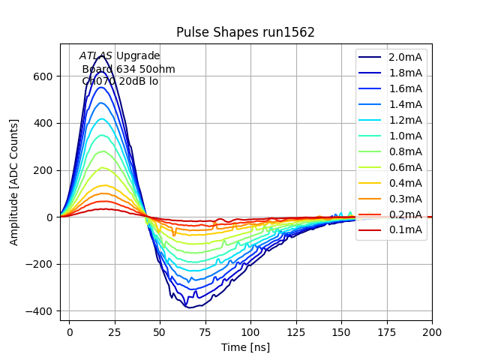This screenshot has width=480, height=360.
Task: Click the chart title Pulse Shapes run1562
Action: pyautogui.click(x=245, y=32)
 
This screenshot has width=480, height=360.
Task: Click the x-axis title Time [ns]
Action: pyautogui.click(x=245, y=347)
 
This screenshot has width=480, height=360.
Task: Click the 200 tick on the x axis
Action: pyautogui.click(x=432, y=331)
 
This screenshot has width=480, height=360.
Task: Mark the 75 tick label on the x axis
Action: pyautogui.click(x=205, y=331)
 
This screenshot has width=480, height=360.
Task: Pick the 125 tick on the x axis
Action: pyautogui.click(x=295, y=331)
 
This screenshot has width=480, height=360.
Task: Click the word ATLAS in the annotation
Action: pyautogui.click(x=96, y=56)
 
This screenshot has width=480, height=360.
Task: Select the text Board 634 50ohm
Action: pyautogui.click(x=128, y=69)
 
